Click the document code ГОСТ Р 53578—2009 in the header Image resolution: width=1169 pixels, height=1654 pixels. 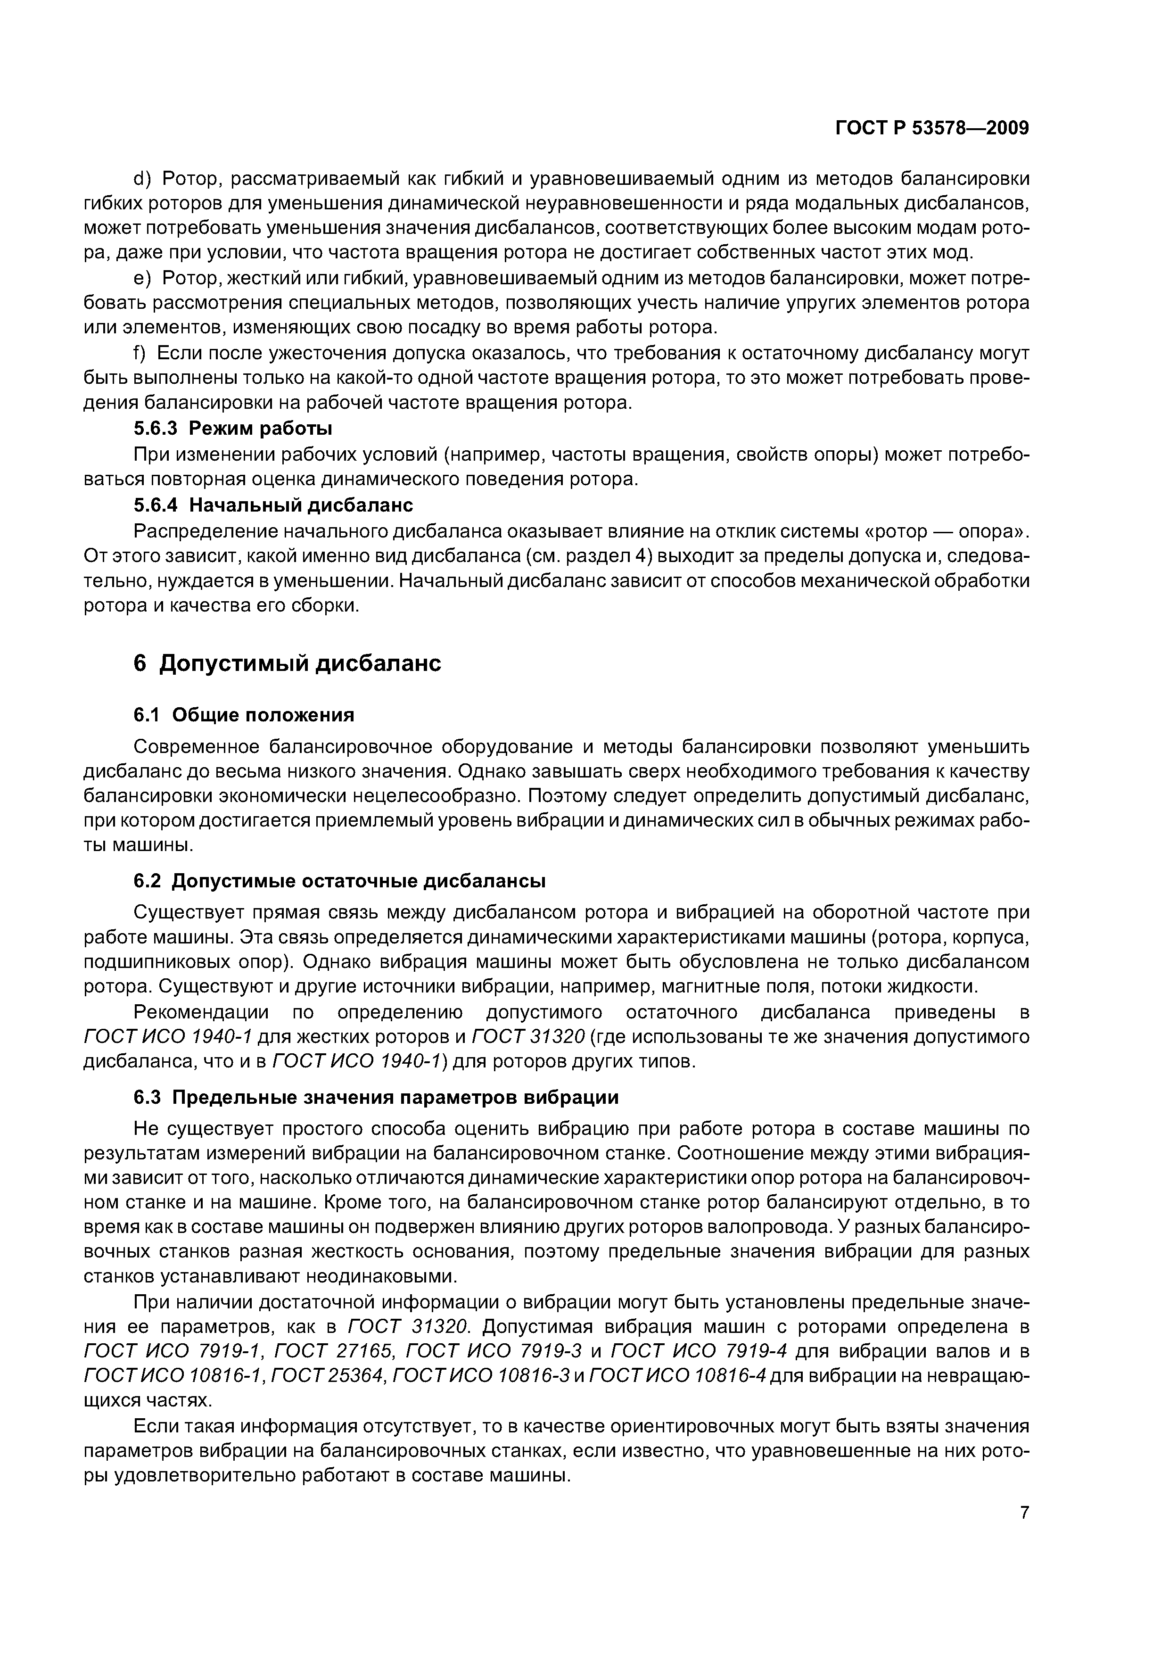coord(932,128)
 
